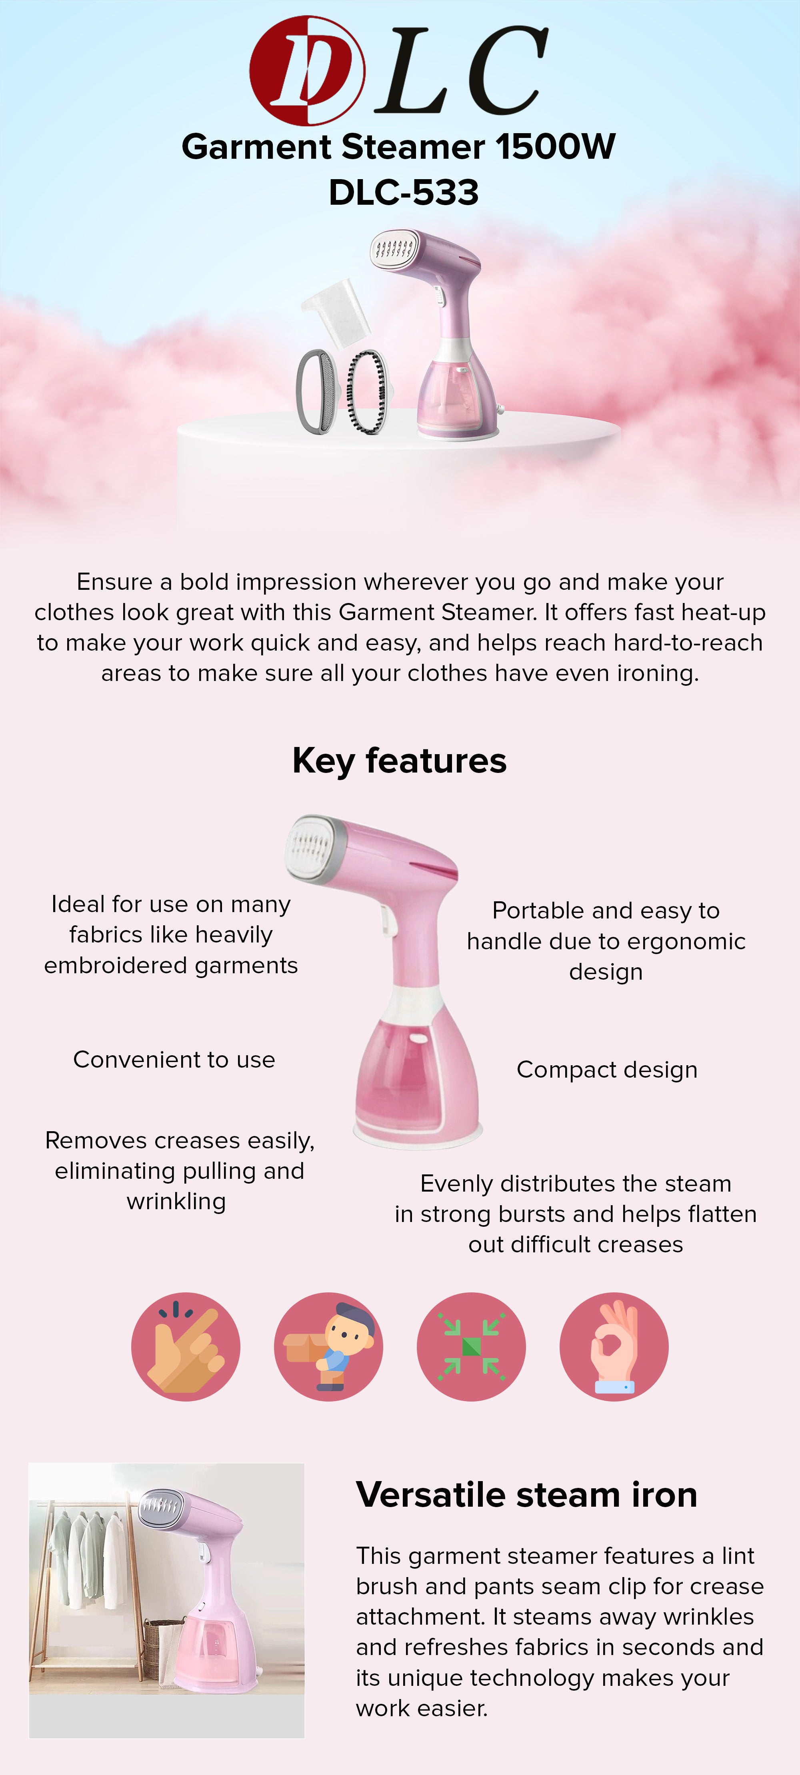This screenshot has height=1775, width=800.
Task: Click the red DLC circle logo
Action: (307, 70)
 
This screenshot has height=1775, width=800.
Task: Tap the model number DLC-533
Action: (404, 192)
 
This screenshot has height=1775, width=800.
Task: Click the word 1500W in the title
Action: (555, 147)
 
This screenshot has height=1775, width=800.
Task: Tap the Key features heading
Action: (400, 761)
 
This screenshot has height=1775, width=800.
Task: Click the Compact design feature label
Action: (607, 1069)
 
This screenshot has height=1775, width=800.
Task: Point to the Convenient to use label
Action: (174, 1059)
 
